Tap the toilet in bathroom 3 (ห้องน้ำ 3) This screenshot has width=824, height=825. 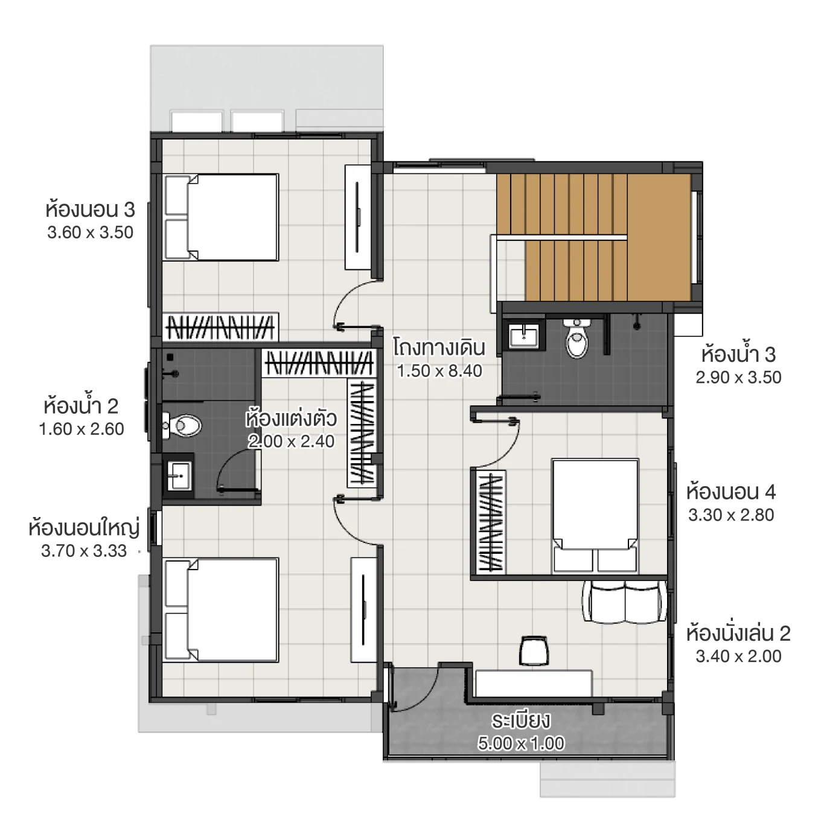coord(576,340)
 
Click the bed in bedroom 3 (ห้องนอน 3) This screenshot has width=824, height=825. coord(221,217)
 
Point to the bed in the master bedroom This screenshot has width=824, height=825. coord(221,610)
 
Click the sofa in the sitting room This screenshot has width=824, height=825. coord(625,602)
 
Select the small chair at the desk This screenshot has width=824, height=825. coord(533,650)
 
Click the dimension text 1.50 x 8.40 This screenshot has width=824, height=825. coord(439,371)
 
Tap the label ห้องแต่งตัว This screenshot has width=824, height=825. coord(291,419)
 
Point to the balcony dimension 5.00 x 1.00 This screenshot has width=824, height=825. coord(521,743)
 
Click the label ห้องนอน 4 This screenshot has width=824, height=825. coord(730,492)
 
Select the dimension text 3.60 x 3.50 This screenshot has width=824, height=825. coord(91,233)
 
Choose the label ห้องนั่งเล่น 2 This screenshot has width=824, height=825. coord(738,634)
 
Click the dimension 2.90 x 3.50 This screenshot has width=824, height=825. coord(738,377)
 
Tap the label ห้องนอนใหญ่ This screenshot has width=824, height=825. coord(84,528)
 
